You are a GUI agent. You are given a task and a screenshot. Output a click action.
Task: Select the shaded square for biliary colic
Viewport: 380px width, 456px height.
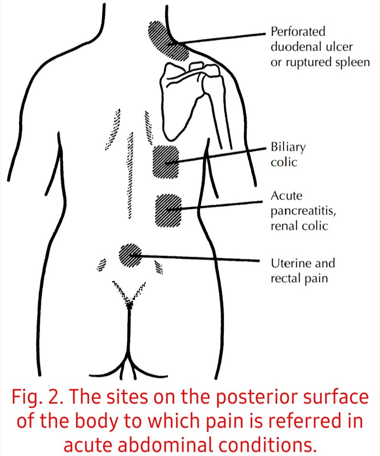(165, 161)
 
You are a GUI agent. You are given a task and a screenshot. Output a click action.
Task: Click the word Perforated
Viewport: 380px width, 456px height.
(298, 32)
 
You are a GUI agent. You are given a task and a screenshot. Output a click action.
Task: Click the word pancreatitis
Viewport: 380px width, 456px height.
(303, 211)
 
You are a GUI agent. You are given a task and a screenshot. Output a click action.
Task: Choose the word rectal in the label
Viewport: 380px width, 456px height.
(284, 279)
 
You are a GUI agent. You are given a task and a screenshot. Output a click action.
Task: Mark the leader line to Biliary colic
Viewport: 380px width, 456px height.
(220, 155)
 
